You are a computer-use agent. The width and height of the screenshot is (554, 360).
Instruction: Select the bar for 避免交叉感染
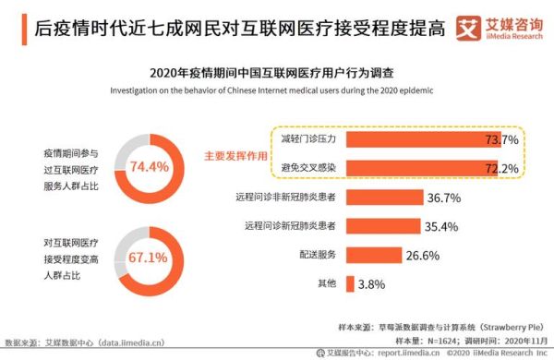click(397, 169)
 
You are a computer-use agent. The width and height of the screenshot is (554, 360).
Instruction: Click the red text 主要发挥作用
click(235, 155)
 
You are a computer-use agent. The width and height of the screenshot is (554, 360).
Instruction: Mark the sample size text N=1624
click(434, 341)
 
